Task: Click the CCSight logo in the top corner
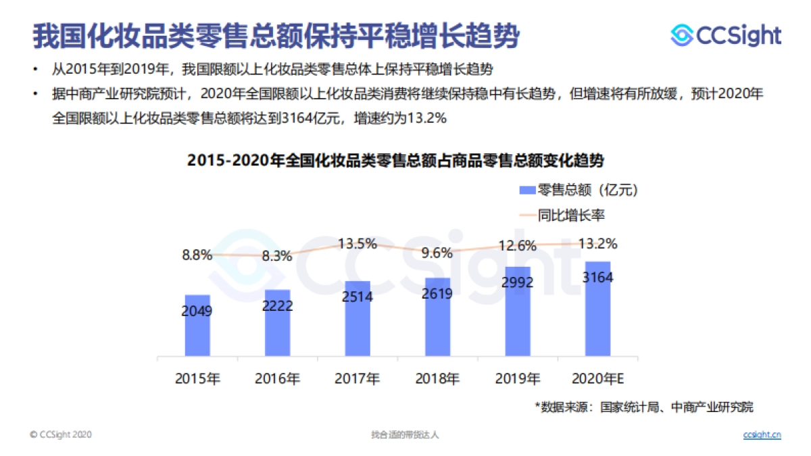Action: click(x=725, y=35)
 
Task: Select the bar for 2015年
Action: click(x=197, y=326)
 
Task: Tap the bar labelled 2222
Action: click(x=277, y=323)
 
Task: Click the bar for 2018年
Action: click(x=437, y=317)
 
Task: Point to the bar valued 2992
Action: click(x=518, y=311)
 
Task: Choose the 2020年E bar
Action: click(x=597, y=309)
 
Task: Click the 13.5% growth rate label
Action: click(x=358, y=244)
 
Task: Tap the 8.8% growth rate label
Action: click(x=197, y=255)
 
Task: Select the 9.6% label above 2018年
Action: click(x=437, y=253)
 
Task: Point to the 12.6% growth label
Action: click(x=518, y=245)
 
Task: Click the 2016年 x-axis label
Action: click(x=277, y=378)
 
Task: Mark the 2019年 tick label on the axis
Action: click(x=518, y=378)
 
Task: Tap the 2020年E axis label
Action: click(x=597, y=378)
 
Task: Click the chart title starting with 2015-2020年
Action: click(x=395, y=161)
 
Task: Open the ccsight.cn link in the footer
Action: click(x=762, y=434)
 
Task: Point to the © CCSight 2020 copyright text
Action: click(x=60, y=434)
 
